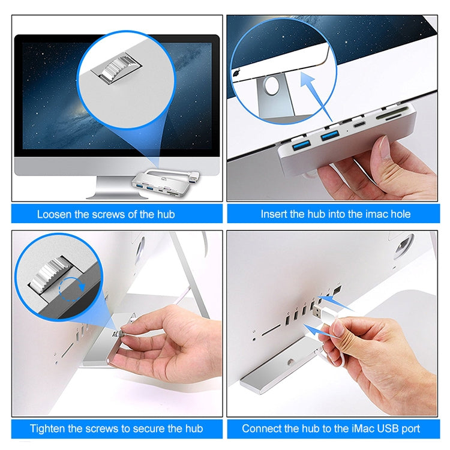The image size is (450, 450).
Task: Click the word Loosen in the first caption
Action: pyautogui.click(x=56, y=214)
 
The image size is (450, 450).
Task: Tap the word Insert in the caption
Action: pyautogui.click(x=275, y=214)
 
